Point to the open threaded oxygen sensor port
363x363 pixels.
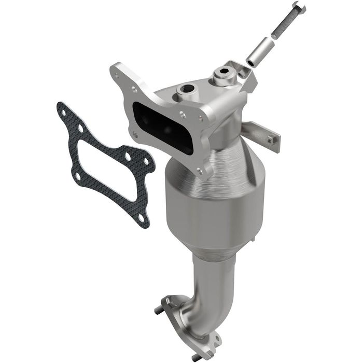pos(186,91)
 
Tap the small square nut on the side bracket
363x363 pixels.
pos(271,138)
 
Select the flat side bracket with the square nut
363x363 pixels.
pos(262,134)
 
